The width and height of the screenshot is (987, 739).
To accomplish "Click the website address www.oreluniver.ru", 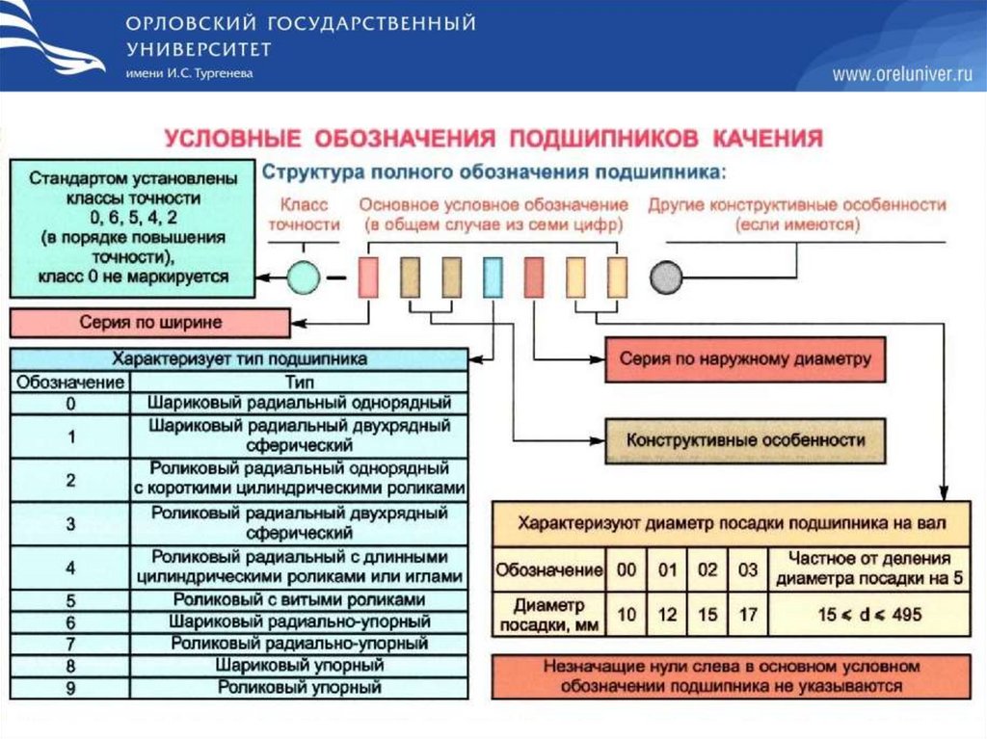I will click(902, 75).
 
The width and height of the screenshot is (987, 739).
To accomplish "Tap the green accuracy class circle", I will click(304, 278).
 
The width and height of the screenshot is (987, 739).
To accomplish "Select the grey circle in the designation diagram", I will click(666, 278).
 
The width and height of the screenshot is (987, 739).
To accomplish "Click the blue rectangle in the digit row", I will click(492, 277).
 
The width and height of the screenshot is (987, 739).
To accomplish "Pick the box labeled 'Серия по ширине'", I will click(149, 323).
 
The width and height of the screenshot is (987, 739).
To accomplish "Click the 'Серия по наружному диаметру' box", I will click(745, 359).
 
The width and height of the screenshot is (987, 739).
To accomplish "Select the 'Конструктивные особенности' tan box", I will click(745, 440).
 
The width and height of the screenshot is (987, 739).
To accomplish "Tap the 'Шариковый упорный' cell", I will click(300, 666).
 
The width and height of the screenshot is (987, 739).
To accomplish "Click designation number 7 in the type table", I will click(70, 644).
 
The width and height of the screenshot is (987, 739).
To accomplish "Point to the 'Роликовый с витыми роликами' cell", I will click(300, 600).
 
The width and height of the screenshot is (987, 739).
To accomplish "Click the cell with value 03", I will click(748, 569).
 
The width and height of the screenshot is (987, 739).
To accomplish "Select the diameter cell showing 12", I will click(668, 615).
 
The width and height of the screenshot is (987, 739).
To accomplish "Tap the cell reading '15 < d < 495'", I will click(869, 615).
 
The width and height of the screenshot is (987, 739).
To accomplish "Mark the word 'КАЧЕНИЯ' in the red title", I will click(767, 137).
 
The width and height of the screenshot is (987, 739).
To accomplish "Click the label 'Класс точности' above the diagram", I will click(304, 214).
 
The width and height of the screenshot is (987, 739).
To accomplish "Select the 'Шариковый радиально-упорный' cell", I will click(300, 622).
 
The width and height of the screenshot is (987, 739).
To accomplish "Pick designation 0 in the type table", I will click(70, 404).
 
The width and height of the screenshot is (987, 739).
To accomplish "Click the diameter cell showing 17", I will click(748, 615).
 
